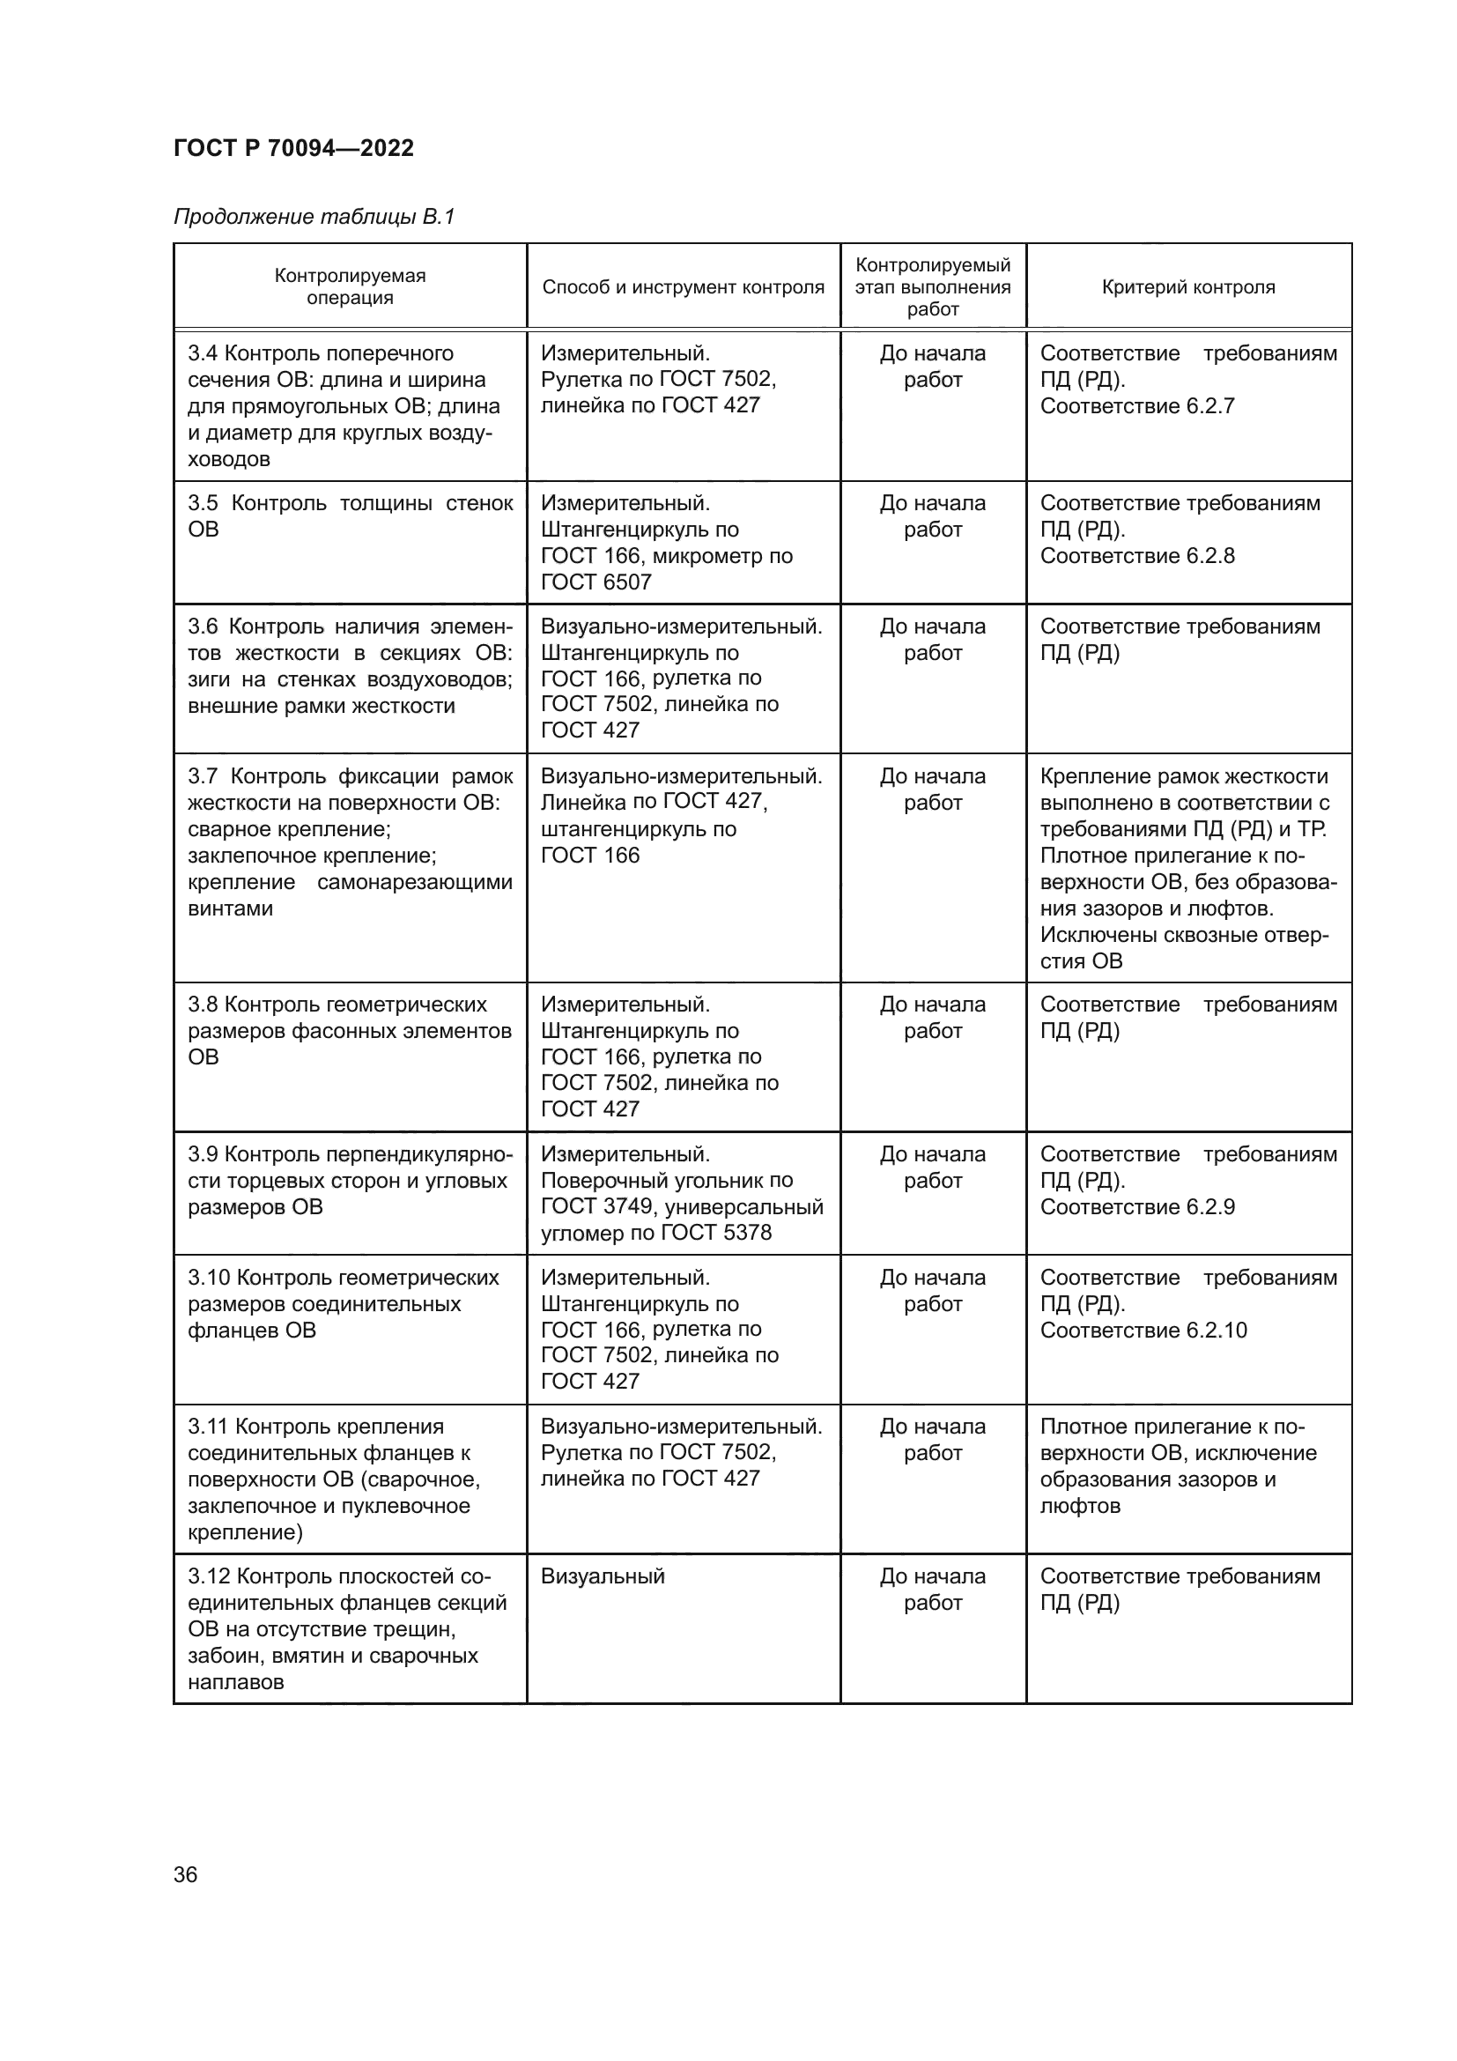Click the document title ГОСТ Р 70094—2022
tap(293, 148)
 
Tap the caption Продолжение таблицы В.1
tap(314, 217)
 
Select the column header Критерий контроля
tap(1187, 287)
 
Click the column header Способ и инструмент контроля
tap(683, 287)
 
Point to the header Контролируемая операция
tap(350, 286)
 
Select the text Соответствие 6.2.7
tap(1136, 405)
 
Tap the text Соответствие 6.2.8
tap(1136, 556)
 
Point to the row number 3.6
tap(203, 626)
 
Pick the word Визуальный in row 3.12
tap(602, 1576)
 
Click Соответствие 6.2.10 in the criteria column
tap(1143, 1331)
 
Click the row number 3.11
tap(207, 1427)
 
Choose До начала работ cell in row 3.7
tap(932, 789)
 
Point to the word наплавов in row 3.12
tap(235, 1682)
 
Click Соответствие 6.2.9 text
tap(1136, 1206)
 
